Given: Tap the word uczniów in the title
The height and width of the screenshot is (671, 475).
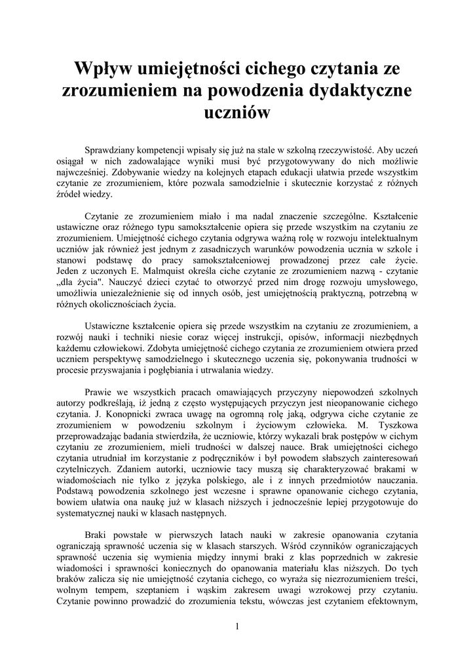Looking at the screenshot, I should (x=237, y=113).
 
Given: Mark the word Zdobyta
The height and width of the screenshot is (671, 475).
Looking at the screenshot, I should (x=165, y=348).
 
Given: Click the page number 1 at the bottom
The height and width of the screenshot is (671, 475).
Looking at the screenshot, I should (x=237, y=626).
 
